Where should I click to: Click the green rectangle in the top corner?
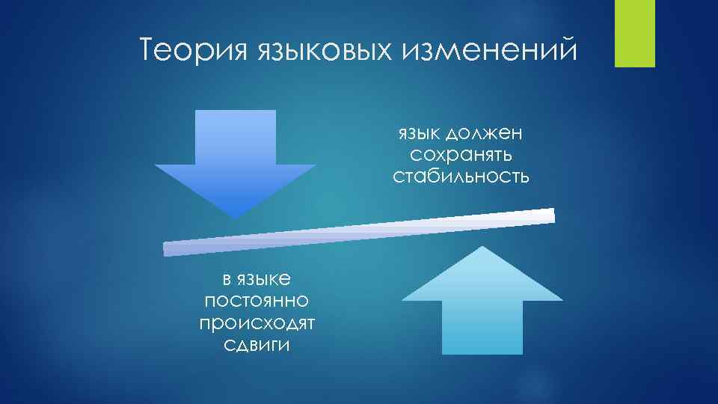634,33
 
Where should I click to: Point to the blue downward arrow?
236,161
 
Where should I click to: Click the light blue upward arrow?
482,299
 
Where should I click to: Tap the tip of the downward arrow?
236,216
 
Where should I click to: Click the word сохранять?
461,156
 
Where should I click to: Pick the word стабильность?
461,177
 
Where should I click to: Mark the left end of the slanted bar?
166,249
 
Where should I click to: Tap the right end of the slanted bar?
553,215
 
